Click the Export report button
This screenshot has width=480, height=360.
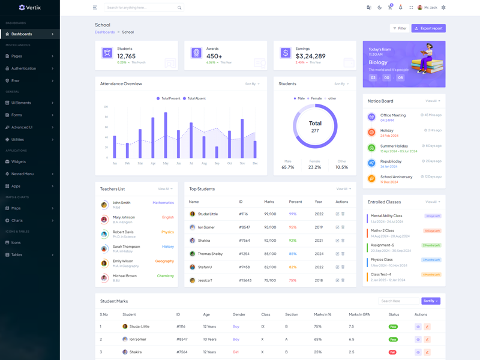click(428, 28)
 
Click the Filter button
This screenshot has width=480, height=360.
click(400, 28)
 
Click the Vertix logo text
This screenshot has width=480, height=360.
click(34, 7)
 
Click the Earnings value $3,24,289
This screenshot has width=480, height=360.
click(311, 56)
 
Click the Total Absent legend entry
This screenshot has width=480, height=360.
click(195, 98)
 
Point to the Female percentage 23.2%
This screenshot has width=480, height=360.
click(314, 167)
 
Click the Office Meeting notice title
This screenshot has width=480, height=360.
click(393, 115)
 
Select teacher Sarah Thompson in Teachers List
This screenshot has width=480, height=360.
click(126, 247)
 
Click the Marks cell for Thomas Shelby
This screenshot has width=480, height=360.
click(270, 254)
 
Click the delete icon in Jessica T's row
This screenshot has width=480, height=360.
click(343, 280)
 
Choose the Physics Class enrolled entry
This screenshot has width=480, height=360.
click(382, 260)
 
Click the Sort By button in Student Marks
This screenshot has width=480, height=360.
click(431, 301)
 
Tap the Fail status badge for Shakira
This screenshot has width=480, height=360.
click(393, 352)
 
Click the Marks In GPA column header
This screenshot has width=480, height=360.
click(359, 314)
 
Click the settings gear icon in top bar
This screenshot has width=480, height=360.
click(443, 8)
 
